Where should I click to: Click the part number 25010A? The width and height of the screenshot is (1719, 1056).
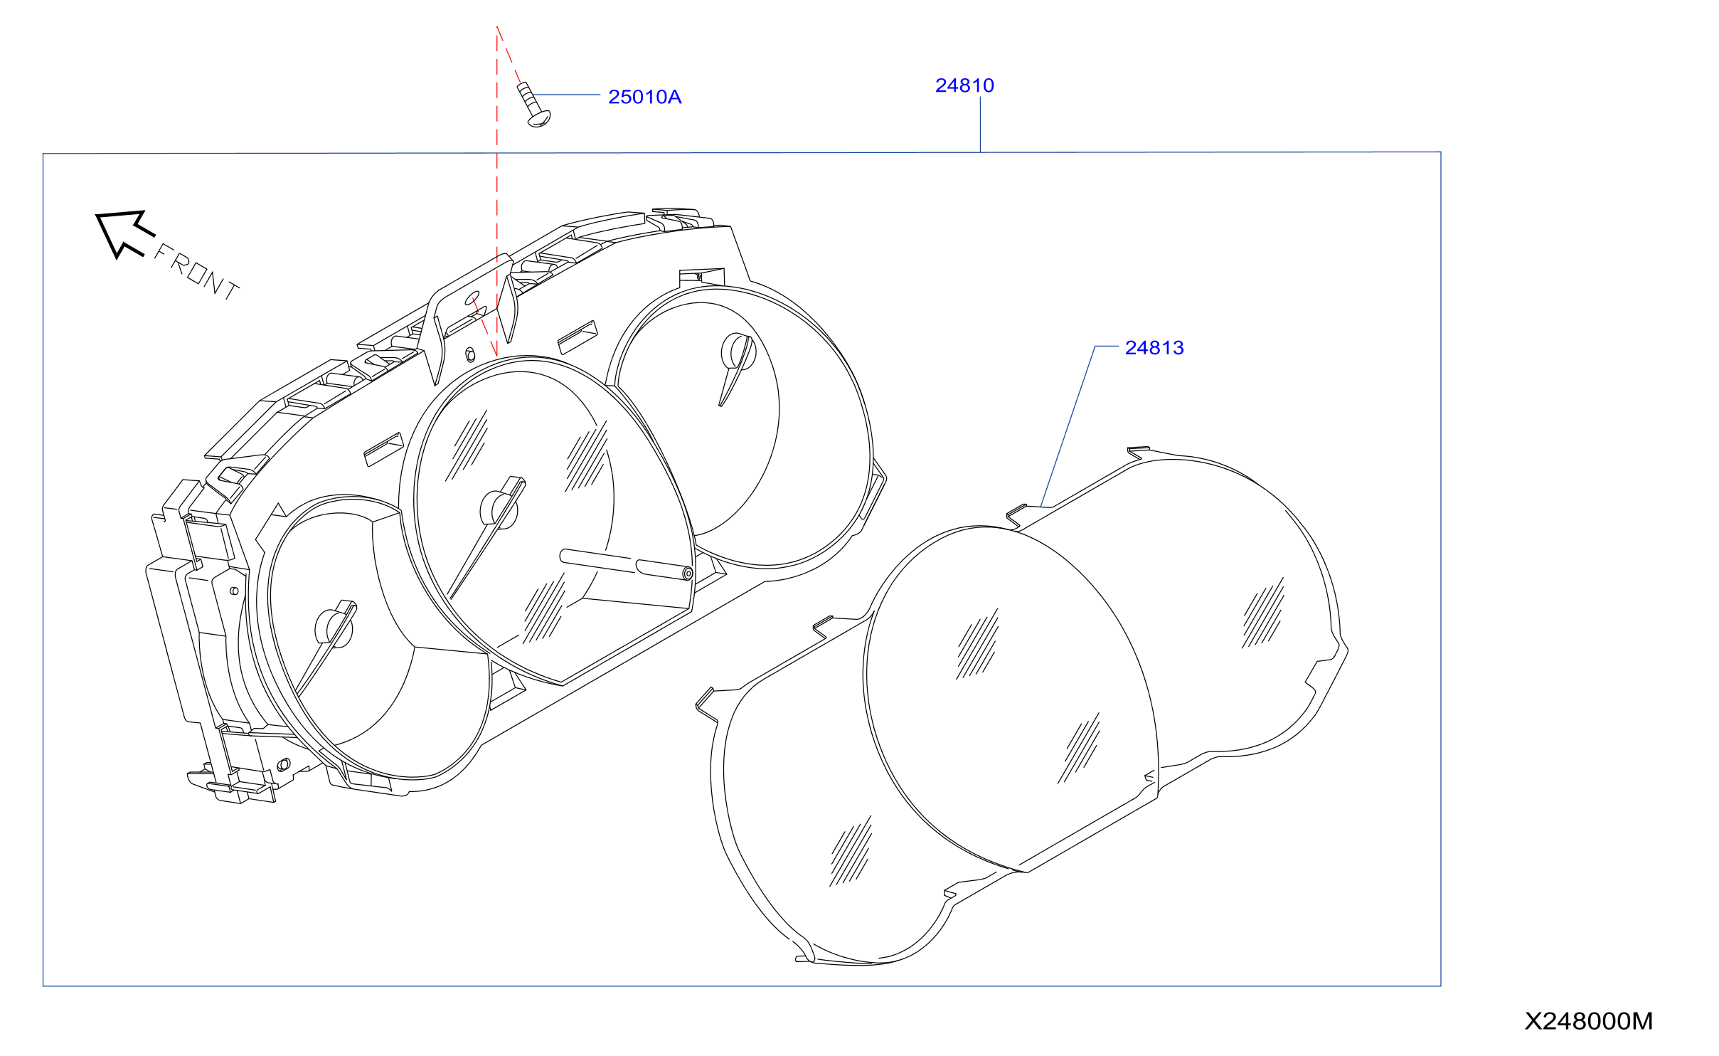pyautogui.click(x=644, y=97)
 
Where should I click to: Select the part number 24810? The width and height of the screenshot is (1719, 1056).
pyautogui.click(x=964, y=85)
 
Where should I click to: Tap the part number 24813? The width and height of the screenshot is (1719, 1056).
pyautogui.click(x=1154, y=348)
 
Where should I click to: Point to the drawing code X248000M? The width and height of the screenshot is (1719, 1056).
pyautogui.click(x=1588, y=1021)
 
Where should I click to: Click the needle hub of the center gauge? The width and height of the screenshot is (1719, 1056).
pyautogui.click(x=498, y=508)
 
